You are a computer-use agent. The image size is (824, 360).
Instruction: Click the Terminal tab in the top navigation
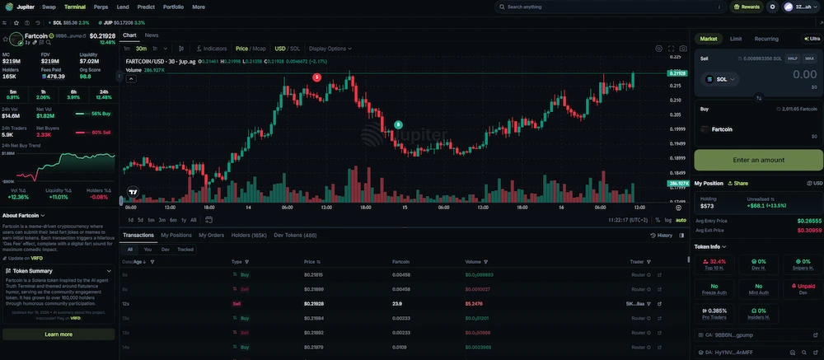tap(75, 7)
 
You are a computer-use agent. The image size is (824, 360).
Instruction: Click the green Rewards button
tap(747, 7)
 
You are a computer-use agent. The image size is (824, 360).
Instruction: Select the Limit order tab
tap(736, 39)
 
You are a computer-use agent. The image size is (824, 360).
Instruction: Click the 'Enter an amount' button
tap(758, 160)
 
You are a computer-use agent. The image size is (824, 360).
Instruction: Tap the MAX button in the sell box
tap(809, 58)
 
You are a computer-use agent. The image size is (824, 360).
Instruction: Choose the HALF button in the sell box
tap(793, 58)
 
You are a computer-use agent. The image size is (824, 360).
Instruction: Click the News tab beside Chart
tap(152, 35)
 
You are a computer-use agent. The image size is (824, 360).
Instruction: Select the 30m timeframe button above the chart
tap(141, 49)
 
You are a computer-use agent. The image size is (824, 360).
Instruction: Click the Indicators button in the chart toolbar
tap(211, 49)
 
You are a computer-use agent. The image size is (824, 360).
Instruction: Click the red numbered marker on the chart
tap(317, 77)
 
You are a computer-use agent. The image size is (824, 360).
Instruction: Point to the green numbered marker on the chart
tap(398, 124)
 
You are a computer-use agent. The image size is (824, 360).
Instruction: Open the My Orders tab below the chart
tap(211, 235)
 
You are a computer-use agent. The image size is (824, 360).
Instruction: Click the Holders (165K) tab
tap(249, 235)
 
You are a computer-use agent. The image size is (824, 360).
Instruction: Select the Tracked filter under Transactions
tap(185, 249)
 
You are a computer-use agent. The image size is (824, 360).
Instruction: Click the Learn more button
tap(59, 334)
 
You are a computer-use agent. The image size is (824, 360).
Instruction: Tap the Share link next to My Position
tap(737, 183)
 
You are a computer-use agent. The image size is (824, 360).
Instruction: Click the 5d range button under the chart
tap(141, 220)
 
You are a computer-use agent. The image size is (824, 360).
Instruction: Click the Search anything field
tap(577, 7)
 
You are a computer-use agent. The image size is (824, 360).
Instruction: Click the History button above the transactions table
tap(662, 235)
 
